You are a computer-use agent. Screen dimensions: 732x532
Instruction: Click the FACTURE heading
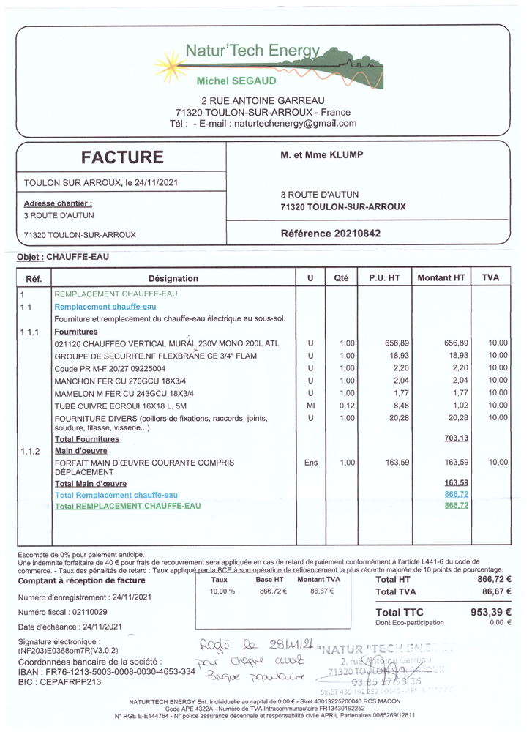pyautogui.click(x=122, y=157)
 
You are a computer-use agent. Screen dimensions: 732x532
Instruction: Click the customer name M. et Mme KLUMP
pyautogui.click(x=321, y=155)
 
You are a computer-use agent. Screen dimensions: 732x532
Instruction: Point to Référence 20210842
pyautogui.click(x=331, y=234)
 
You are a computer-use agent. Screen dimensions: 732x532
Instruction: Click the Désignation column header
pyautogui.click(x=173, y=278)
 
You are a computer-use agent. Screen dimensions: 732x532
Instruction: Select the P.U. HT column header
pyautogui.click(x=384, y=278)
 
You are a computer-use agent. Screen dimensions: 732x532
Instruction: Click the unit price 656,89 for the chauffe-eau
pyautogui.click(x=384, y=343)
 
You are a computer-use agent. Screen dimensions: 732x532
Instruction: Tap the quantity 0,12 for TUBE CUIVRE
pyautogui.click(x=346, y=406)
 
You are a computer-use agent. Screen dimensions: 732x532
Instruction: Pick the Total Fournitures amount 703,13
pyautogui.click(x=456, y=438)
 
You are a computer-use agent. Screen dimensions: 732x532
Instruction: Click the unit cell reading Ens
pyautogui.click(x=310, y=463)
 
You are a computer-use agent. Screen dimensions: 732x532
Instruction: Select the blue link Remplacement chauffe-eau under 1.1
pyautogui.click(x=105, y=307)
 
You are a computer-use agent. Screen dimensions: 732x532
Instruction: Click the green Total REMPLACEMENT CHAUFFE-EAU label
pyautogui.click(x=128, y=506)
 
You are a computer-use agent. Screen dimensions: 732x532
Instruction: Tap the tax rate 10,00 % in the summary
pyautogui.click(x=222, y=591)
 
